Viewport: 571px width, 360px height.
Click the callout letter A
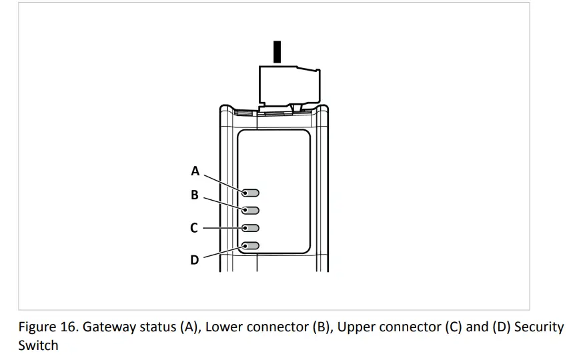point(195,171)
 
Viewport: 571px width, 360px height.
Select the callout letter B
point(195,195)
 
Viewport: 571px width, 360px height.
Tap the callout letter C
point(194,228)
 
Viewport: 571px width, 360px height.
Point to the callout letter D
point(195,260)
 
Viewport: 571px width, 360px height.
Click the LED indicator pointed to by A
point(251,193)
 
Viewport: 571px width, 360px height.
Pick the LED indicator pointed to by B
point(251,211)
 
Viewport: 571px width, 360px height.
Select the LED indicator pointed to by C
point(251,228)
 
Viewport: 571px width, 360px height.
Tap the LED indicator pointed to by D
point(251,246)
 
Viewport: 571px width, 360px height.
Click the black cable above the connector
point(277,52)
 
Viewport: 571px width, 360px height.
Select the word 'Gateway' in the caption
point(108,328)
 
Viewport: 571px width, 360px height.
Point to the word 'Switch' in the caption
point(38,346)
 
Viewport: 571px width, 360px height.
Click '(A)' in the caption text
point(189,328)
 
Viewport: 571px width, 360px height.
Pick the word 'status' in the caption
point(156,328)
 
